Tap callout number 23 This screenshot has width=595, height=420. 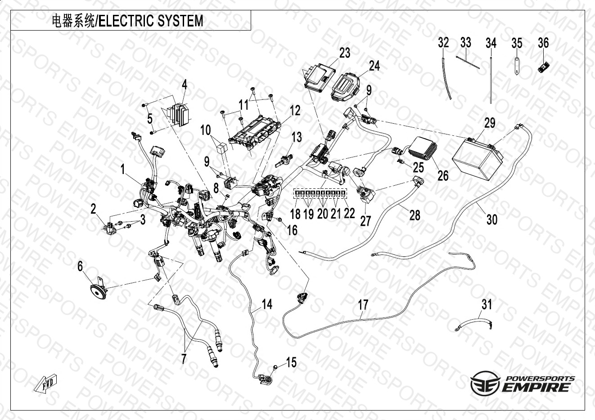click(x=345, y=53)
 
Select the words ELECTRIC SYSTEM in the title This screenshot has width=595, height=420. click(x=151, y=21)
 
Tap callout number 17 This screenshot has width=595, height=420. click(x=363, y=305)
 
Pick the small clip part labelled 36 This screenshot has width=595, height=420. click(x=544, y=68)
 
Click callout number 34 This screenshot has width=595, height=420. click(x=491, y=43)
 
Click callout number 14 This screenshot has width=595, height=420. click(x=267, y=304)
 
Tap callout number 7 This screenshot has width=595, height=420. click(x=183, y=359)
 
